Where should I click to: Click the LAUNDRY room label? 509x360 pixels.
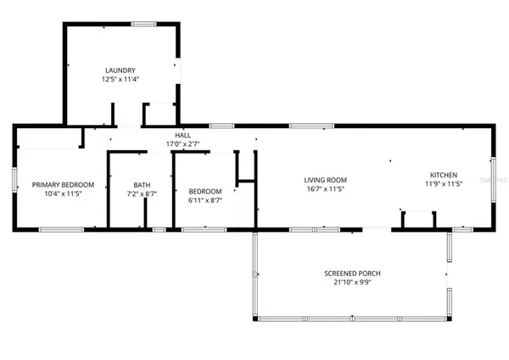120,70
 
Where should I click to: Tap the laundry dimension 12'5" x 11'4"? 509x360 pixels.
120,80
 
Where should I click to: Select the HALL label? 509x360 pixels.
183,135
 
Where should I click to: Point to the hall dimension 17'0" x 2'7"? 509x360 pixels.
183,144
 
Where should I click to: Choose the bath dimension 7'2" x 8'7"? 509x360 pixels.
142,194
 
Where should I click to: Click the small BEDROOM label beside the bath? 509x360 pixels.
204,191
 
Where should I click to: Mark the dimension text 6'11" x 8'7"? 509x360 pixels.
204,201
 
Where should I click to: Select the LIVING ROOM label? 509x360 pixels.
327,180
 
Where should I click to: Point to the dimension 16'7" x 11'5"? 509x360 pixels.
327,190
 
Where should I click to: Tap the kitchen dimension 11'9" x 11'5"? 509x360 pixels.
443,183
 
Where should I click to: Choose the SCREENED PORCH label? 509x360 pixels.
351,273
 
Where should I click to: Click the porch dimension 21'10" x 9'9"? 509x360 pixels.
351,283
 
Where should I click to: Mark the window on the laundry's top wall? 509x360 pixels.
143,24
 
